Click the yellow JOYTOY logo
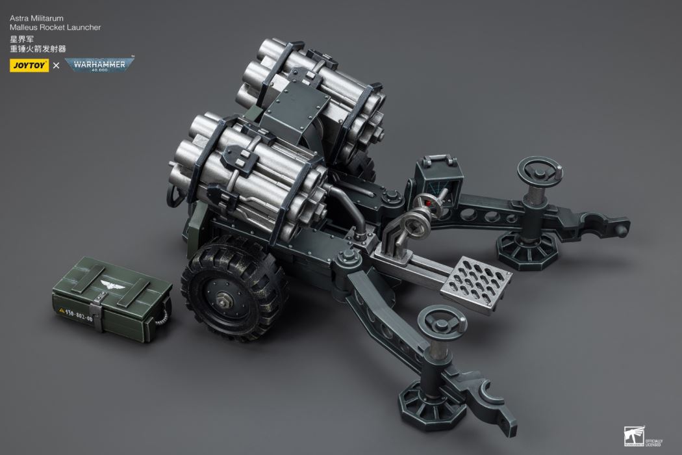point(29,65)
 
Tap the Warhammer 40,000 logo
point(99,65)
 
